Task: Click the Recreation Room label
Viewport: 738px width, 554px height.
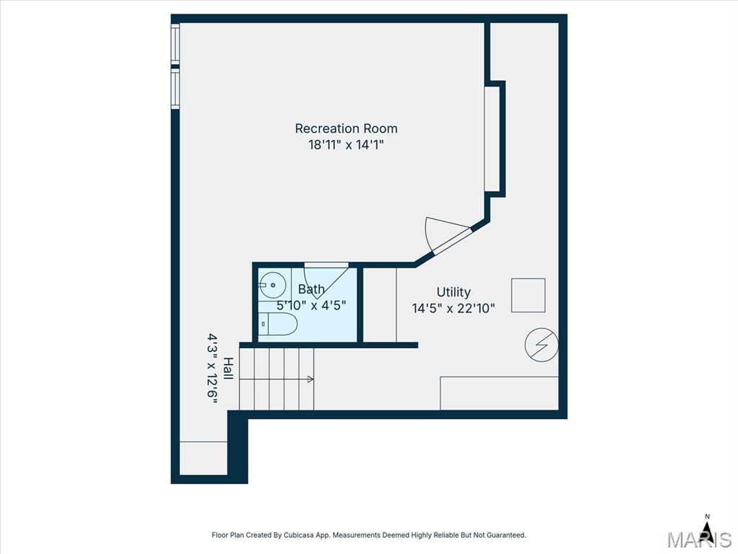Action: (346, 128)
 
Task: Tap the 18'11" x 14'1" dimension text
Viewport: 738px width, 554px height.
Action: (346, 144)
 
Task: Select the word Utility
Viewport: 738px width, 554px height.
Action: (453, 293)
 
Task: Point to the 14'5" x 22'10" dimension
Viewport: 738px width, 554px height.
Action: (453, 308)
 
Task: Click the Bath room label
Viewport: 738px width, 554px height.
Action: (311, 289)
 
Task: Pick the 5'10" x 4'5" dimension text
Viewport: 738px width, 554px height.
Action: (311, 305)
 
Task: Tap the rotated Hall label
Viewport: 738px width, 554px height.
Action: (228, 369)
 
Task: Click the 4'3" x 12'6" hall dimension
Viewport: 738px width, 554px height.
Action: (213, 369)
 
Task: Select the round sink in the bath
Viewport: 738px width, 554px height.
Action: (272, 285)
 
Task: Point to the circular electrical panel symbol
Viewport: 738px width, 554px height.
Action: (542, 345)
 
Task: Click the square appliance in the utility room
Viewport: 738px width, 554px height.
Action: (528, 295)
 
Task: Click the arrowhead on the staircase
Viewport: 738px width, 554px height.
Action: (311, 379)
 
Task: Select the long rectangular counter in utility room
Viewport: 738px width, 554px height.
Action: (499, 393)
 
